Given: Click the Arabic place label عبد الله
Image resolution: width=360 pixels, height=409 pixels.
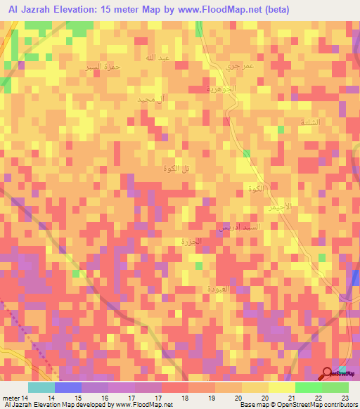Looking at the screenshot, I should (x=155, y=57).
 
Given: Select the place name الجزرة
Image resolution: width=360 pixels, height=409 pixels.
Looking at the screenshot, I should (x=190, y=241).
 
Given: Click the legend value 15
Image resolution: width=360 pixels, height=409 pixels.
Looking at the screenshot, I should (x=68, y=398).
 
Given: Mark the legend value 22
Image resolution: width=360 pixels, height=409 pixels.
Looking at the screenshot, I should (x=319, y=398).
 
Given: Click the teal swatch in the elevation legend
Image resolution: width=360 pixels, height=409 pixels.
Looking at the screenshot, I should (x=41, y=387).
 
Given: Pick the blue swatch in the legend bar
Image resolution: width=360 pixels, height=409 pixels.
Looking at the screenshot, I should (x=68, y=387).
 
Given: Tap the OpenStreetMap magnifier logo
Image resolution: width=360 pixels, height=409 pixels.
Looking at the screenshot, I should (x=328, y=373).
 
